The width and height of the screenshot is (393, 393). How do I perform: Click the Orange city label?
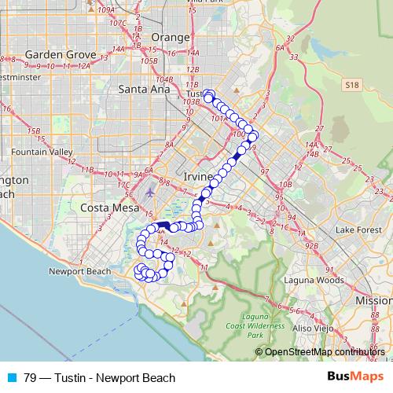171,37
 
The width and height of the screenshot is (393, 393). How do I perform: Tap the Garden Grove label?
60,55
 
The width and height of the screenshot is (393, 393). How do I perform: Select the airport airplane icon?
151,192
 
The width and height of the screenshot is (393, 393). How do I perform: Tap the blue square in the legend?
10,378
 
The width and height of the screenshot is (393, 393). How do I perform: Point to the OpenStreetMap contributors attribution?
324,352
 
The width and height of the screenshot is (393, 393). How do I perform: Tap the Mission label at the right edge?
373,301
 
